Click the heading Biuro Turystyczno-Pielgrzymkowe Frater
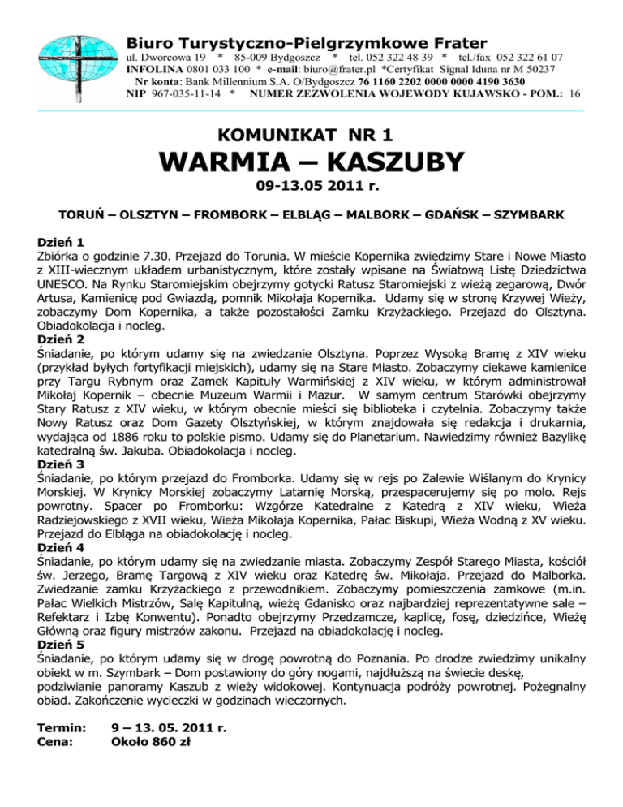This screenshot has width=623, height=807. tap(307, 42)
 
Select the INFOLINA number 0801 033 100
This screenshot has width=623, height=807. tap(207, 71)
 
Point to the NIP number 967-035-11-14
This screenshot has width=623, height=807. tap(187, 94)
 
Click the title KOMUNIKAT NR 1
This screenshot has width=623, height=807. tap(311, 133)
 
